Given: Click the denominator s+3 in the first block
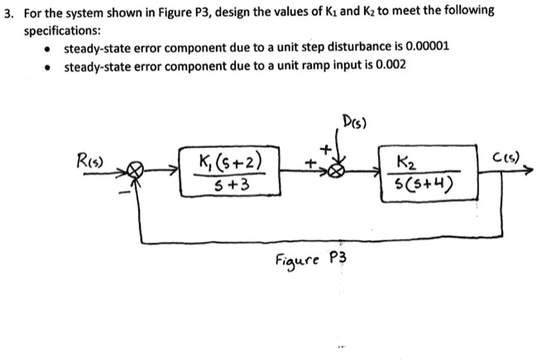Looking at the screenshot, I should (228, 186).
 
